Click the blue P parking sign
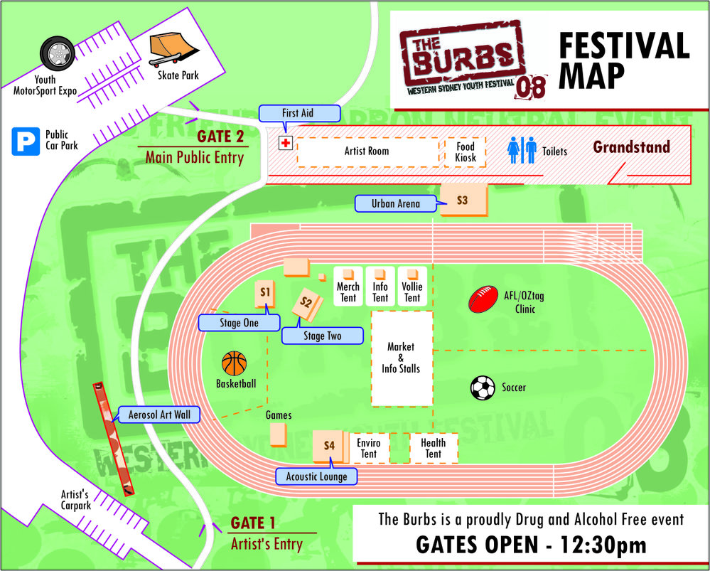click(x=26, y=141)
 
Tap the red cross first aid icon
click(x=285, y=144)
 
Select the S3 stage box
click(x=463, y=201)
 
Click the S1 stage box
click(x=265, y=292)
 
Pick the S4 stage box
click(x=328, y=446)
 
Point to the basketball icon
click(x=234, y=364)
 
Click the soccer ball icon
click(x=483, y=388)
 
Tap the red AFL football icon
click(x=485, y=299)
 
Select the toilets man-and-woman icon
click(x=522, y=150)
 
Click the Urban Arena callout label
click(x=395, y=204)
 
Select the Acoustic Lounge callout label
click(x=317, y=476)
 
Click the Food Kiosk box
click(x=466, y=152)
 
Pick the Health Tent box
click(x=433, y=448)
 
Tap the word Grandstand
click(x=631, y=147)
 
